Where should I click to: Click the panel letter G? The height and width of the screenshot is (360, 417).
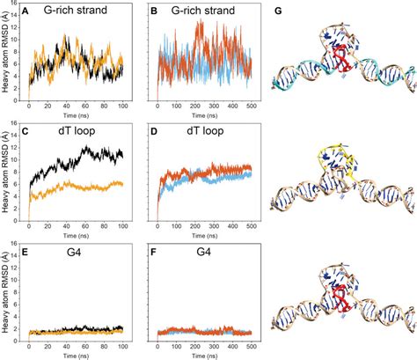click(x=279, y=11)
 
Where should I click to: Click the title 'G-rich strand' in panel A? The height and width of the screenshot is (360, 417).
click(x=80, y=12)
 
